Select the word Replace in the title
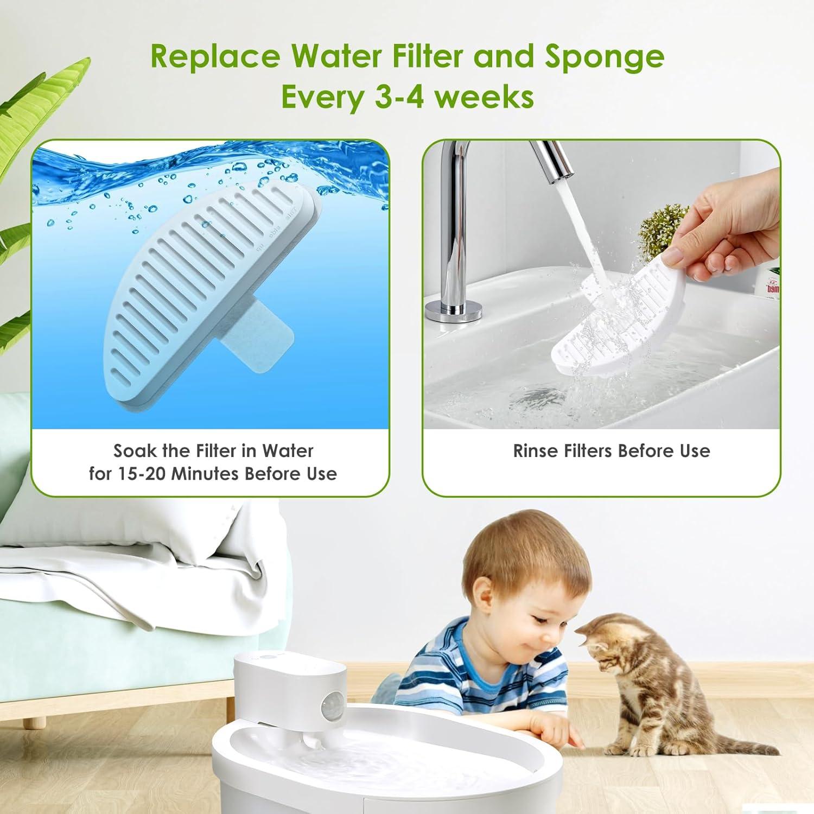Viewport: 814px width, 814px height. pos(215,56)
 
